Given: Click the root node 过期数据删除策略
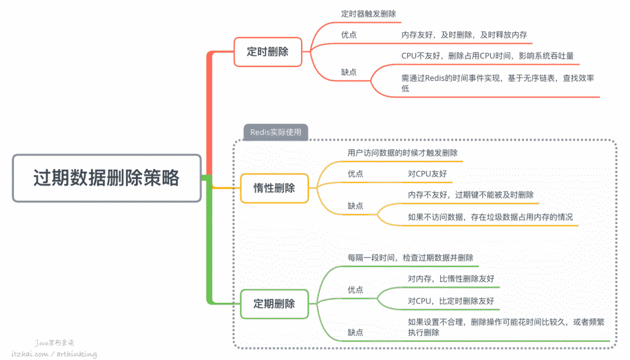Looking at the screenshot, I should pos(107,178).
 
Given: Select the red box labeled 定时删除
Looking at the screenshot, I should pos(268,51).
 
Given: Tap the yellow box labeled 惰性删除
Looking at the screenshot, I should pos(274,188).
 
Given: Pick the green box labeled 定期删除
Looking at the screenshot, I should pos(274,303).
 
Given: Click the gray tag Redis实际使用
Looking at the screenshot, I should pos(276,132).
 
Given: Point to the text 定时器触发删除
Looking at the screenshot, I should pos(371,13).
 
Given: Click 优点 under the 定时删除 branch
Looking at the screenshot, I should pos(349,35).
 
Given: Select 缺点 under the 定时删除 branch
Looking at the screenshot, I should pos(349,72).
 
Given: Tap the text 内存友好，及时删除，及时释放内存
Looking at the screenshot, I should pos(464,35).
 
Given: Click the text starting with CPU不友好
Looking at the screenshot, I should pos(487,56).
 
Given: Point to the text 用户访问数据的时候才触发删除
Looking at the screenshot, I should pos(402,153).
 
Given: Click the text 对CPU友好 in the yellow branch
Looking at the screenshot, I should pos(428,174).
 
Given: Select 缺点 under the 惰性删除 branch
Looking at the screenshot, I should pos(356,205).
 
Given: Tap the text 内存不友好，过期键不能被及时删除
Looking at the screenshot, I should pos(470,194).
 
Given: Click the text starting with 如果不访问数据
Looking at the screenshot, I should pos(490,217).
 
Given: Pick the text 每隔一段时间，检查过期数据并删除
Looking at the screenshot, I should pos(410,257).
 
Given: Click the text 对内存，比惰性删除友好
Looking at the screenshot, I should pos(451,278).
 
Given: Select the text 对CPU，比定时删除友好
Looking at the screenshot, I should pos(451,300).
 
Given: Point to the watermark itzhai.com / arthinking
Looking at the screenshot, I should pos(54,354).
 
